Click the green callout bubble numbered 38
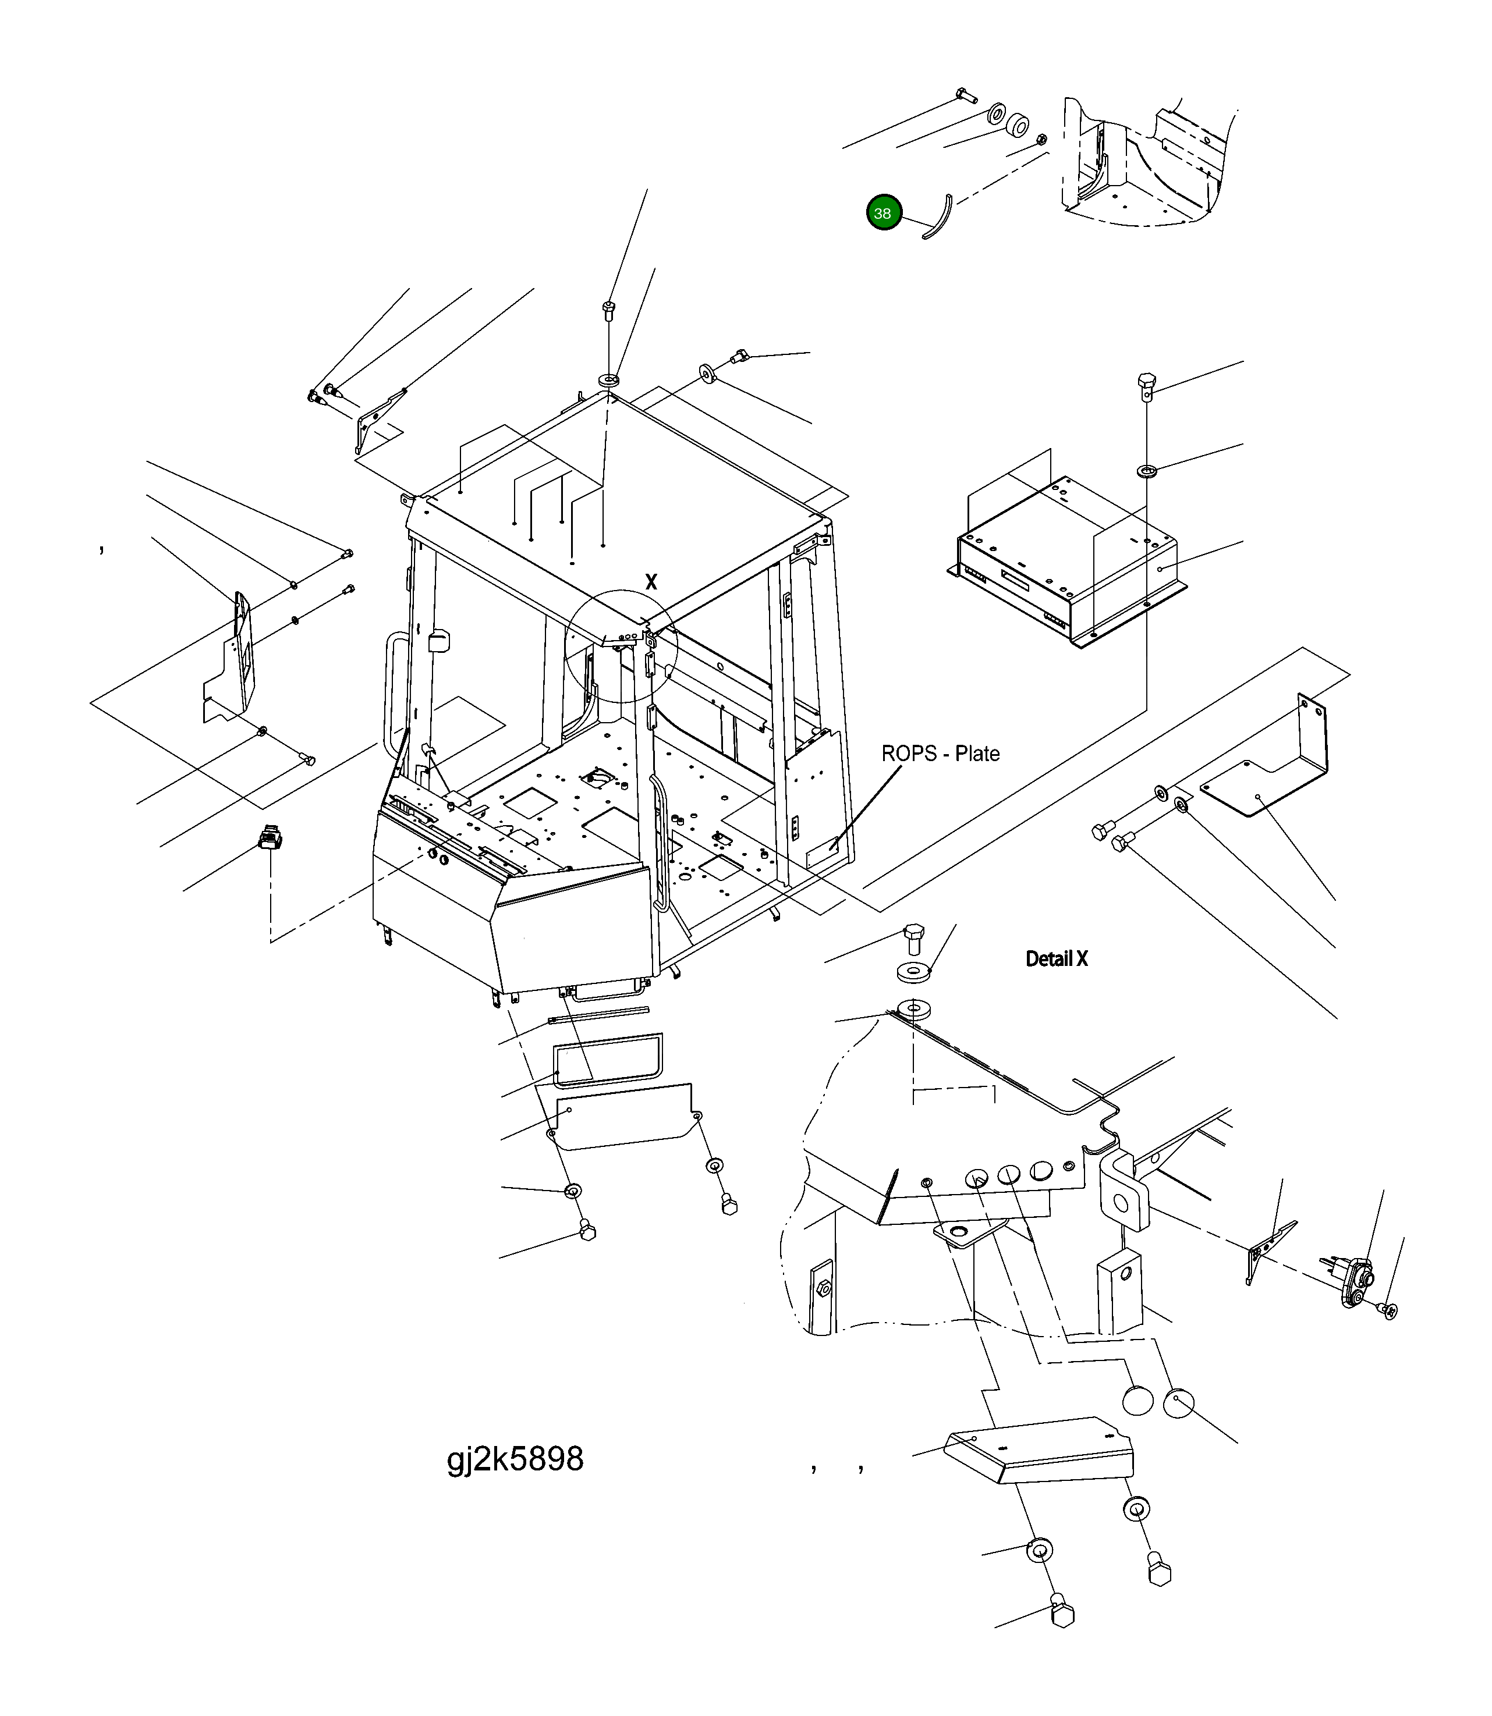tap(883, 213)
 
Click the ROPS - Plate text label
tap(940, 754)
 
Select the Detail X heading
tap(1056, 959)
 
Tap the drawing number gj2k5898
tap(515, 1458)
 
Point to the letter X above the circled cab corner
tap(651, 582)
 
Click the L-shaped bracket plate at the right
tap(1274, 774)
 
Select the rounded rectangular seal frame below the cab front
tap(608, 1060)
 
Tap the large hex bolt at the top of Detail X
tap(913, 939)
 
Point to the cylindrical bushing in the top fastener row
tap(1016, 126)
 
